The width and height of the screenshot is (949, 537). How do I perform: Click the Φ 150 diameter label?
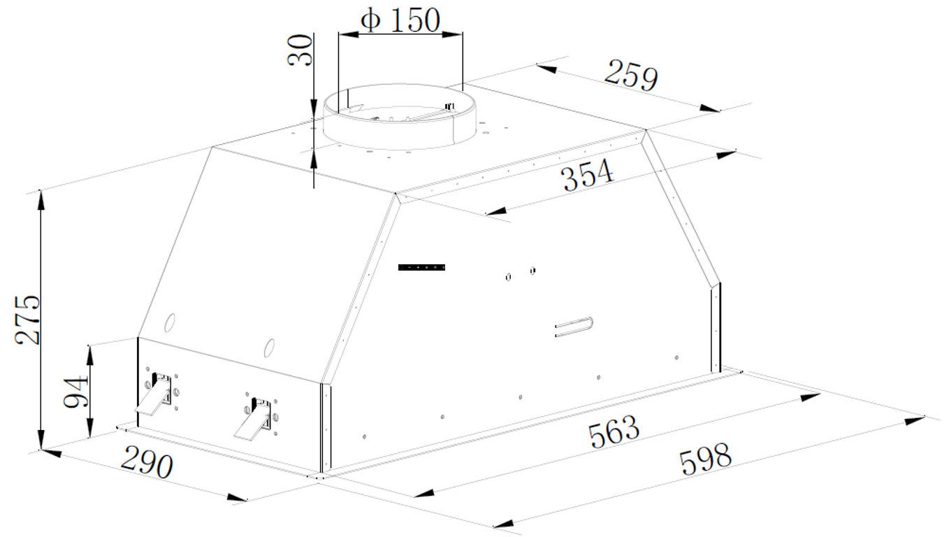click(x=400, y=20)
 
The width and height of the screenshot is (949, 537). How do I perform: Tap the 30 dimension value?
click(x=300, y=50)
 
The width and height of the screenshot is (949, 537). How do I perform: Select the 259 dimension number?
click(x=631, y=76)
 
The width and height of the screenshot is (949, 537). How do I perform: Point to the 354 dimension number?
click(x=587, y=175)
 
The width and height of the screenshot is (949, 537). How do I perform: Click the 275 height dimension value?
click(x=27, y=320)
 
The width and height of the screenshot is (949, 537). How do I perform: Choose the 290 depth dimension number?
click(x=147, y=462)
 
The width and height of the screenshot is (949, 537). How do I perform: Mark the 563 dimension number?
click(x=614, y=431)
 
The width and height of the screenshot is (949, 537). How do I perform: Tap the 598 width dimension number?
click(x=705, y=459)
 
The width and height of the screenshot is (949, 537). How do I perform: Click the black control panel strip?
click(x=421, y=267)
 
